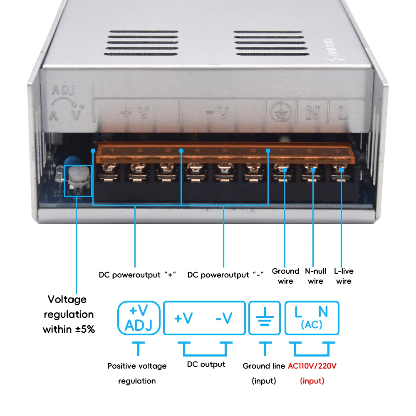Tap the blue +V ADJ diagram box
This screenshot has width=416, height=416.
click(139, 318)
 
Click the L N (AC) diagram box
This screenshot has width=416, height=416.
click(312, 318)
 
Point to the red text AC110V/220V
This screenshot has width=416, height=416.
click(312, 366)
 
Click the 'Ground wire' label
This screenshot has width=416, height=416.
click(285, 276)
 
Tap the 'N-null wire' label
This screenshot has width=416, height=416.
click(315, 276)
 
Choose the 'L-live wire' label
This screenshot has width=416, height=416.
click(344, 276)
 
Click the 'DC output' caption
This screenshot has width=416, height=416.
click(206, 364)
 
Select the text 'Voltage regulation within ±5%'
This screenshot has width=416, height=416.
click(69, 314)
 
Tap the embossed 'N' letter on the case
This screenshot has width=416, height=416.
click(312, 111)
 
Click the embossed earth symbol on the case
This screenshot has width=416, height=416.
click(279, 111)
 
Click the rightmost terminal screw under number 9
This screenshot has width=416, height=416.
click(341, 170)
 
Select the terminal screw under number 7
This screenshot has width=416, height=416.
click(285, 170)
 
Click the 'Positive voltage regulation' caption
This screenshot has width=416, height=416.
click(137, 373)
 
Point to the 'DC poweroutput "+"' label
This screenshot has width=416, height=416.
click(138, 275)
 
